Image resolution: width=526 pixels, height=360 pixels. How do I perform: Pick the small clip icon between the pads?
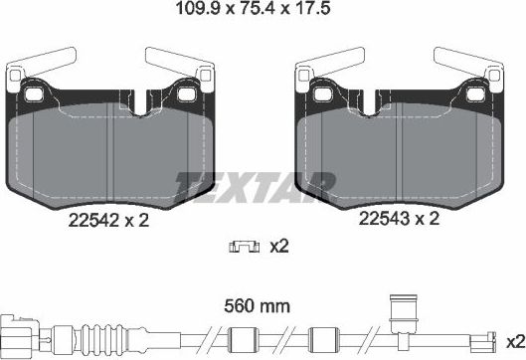tap(240, 246)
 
